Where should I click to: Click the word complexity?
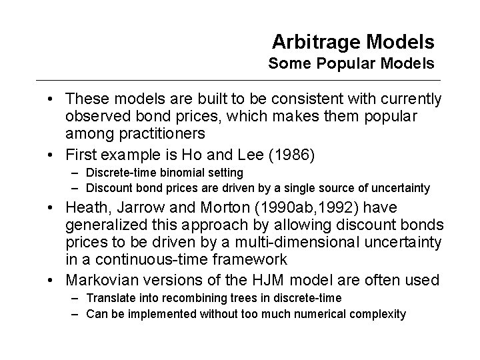pyautogui.click(x=377, y=313)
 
